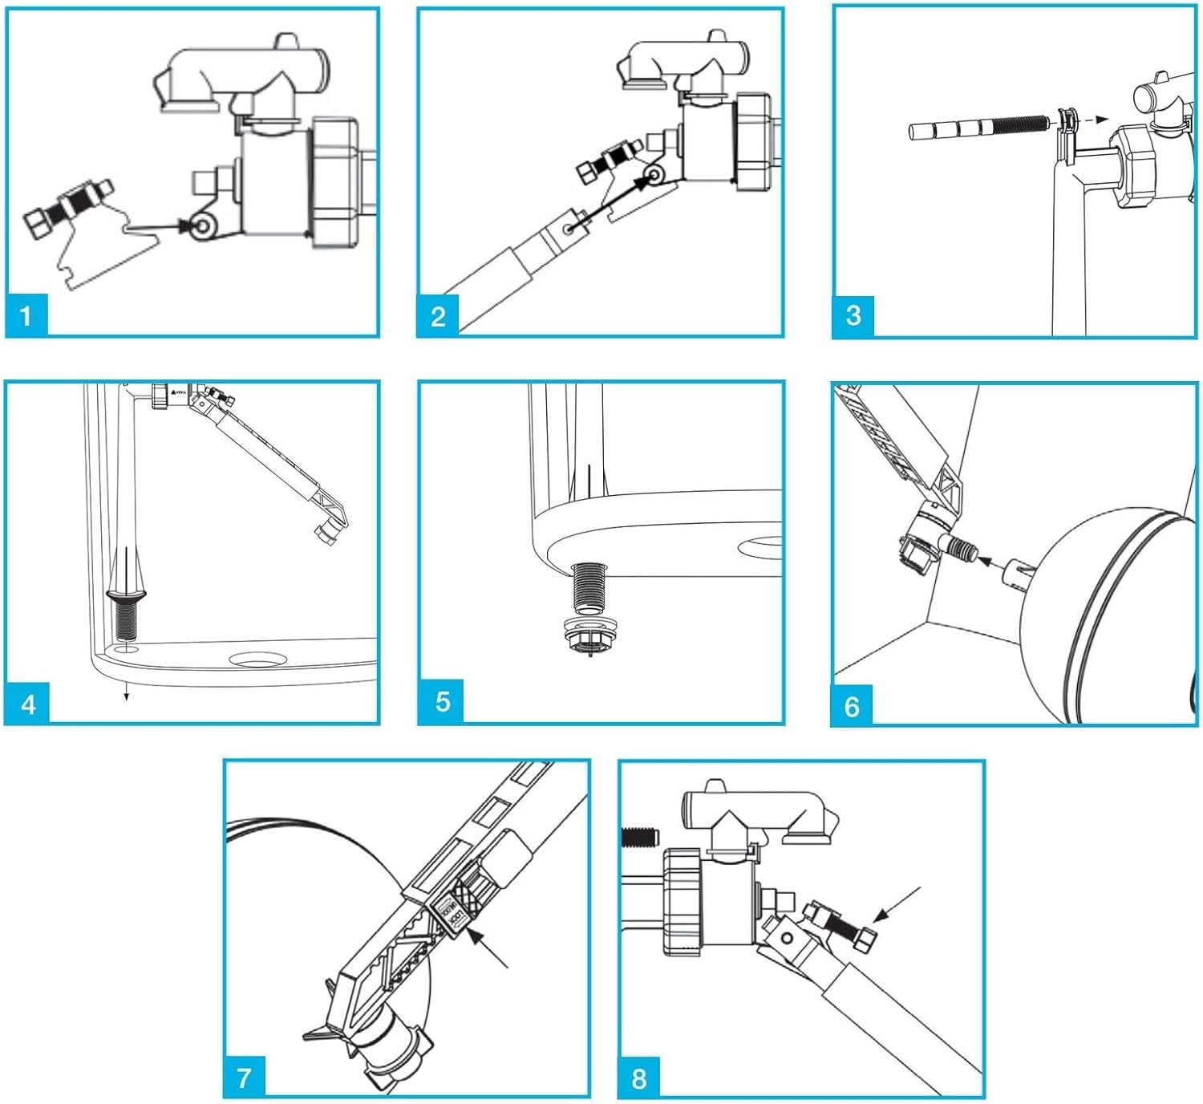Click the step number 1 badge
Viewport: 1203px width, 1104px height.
[26, 315]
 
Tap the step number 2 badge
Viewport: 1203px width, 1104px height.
[438, 315]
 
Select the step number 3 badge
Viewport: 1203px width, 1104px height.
[853, 315]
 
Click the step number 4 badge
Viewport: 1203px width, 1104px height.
[28, 704]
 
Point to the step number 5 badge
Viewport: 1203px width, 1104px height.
[442, 701]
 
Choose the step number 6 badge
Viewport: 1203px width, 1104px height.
[852, 706]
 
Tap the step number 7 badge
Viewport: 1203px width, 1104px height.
[245, 1077]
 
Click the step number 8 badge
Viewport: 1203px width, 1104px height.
[638, 1078]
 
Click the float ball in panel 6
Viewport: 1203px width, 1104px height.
[1115, 610]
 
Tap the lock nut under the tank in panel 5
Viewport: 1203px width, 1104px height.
[589, 634]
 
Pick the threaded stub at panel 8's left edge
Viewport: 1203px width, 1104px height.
[639, 838]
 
